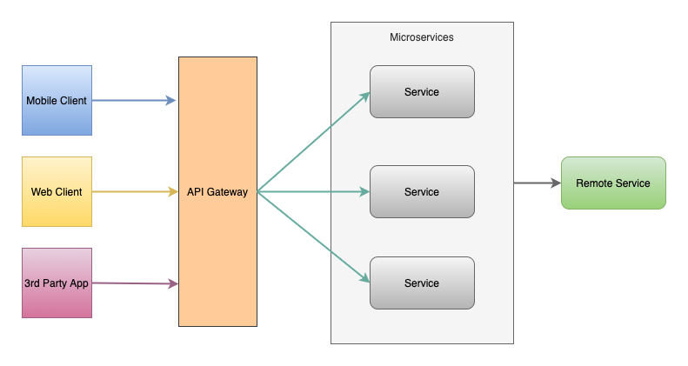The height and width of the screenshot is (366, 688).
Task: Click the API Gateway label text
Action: pos(217,192)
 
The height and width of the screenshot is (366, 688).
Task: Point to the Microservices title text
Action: pos(422,38)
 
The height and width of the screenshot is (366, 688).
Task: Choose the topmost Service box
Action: pos(422,91)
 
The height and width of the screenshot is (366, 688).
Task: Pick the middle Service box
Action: pos(422,191)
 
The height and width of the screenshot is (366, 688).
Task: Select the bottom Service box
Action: pos(422,283)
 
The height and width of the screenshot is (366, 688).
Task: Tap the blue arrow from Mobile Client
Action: pos(130,101)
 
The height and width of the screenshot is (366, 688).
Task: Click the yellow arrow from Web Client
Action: pos(130,191)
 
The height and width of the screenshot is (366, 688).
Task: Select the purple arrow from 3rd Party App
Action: pos(130,283)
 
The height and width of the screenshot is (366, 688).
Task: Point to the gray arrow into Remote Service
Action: pos(535,183)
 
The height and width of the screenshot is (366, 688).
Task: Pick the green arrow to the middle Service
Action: pos(313,191)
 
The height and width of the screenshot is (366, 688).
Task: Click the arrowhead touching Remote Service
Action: pos(556,183)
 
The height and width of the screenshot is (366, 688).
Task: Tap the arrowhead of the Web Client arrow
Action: pos(173,191)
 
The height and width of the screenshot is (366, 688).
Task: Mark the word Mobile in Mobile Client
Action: pos(42,101)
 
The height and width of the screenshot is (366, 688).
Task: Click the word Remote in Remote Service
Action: pos(595,183)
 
